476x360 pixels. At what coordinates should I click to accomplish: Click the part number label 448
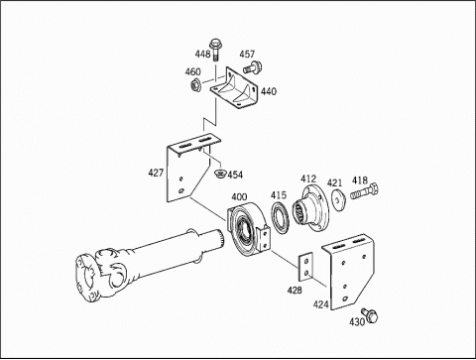[x=202, y=54]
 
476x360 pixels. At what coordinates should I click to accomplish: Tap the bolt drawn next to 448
[x=215, y=50]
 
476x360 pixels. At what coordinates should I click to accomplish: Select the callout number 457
[x=247, y=54]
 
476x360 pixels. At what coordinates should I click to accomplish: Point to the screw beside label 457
[x=253, y=67]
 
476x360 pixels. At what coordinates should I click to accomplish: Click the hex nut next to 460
[x=194, y=84]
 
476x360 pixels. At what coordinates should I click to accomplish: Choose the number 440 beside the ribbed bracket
[x=269, y=91]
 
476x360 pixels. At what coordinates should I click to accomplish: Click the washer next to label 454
[x=219, y=173]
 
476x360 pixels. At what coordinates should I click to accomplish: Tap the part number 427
[x=156, y=173]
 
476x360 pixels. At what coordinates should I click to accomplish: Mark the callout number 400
[x=239, y=197]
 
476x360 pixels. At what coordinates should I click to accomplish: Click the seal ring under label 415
[x=281, y=218]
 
